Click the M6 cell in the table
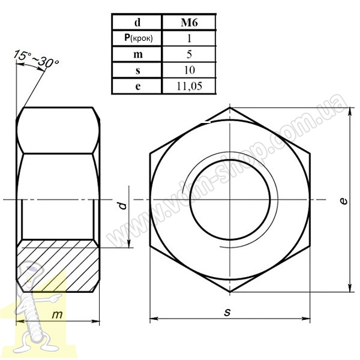[x=189, y=22]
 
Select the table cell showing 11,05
[x=189, y=86]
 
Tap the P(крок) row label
[x=137, y=38]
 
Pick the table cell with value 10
[x=189, y=70]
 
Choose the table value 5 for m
[x=189, y=54]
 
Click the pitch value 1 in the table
[x=189, y=38]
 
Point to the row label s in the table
[x=137, y=70]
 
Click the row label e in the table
[x=137, y=86]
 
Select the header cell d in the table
[x=137, y=22]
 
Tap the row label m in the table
[x=137, y=54]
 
